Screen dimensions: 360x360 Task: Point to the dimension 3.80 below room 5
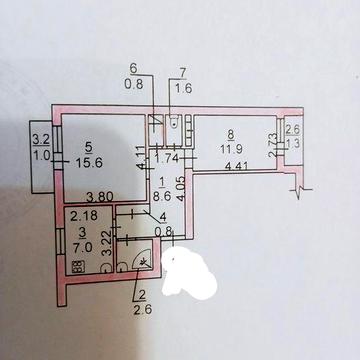[x=97, y=196]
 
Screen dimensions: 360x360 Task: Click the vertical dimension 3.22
[x=108, y=244]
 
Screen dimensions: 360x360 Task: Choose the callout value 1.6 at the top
[x=182, y=88]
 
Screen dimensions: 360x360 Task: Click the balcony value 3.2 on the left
[x=40, y=141]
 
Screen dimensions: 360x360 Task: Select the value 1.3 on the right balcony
[x=292, y=142]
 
